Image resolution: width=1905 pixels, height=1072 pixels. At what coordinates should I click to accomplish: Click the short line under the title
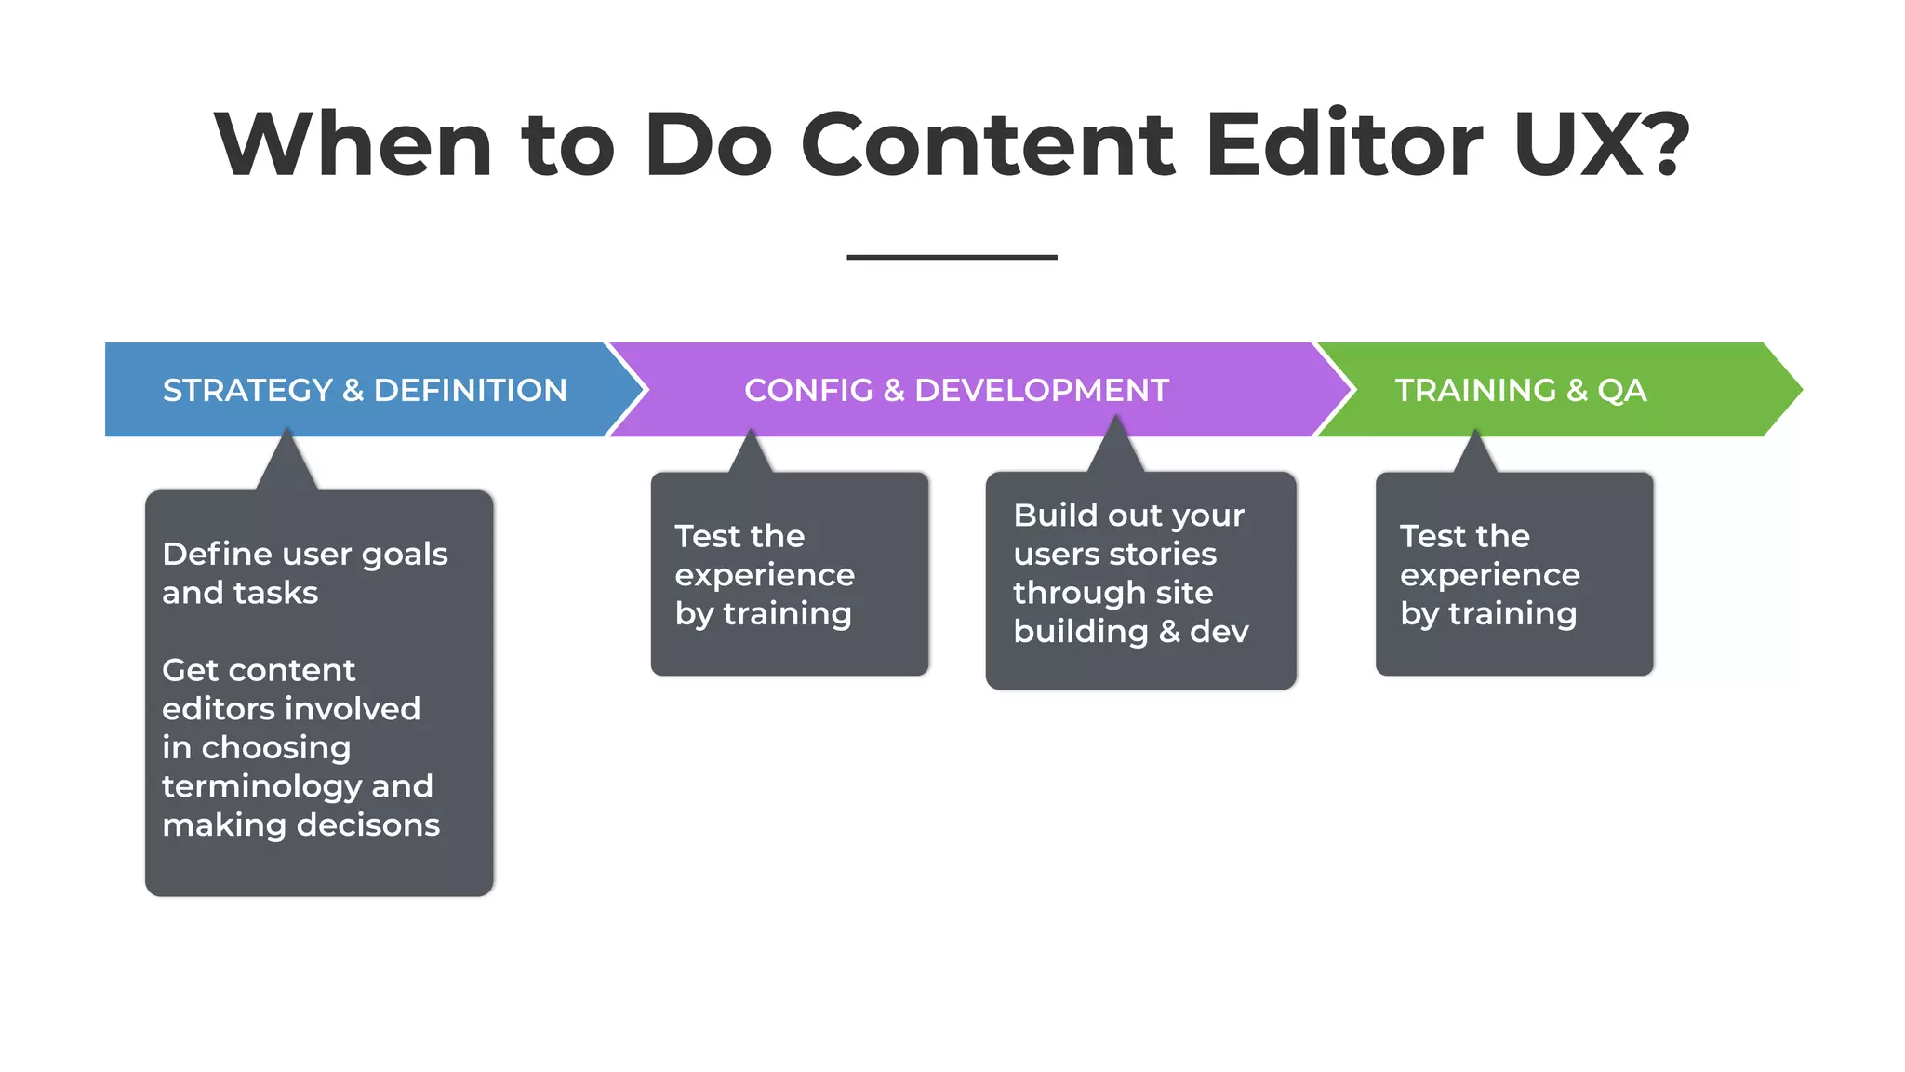[x=952, y=257]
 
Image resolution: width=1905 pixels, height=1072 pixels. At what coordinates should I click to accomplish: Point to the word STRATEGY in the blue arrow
[x=247, y=390]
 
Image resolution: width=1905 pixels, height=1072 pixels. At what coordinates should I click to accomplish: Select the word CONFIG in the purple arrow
[x=808, y=390]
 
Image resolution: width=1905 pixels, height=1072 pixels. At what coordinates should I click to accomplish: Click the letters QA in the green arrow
[x=1621, y=390]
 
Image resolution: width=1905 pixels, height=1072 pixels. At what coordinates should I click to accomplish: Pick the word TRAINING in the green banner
[x=1475, y=390]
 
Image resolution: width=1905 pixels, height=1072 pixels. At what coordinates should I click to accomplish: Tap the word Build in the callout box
[x=1056, y=516]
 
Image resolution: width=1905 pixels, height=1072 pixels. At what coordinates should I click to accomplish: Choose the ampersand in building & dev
[x=1169, y=632]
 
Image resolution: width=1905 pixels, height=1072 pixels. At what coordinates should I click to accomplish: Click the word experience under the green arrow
[x=1489, y=575]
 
